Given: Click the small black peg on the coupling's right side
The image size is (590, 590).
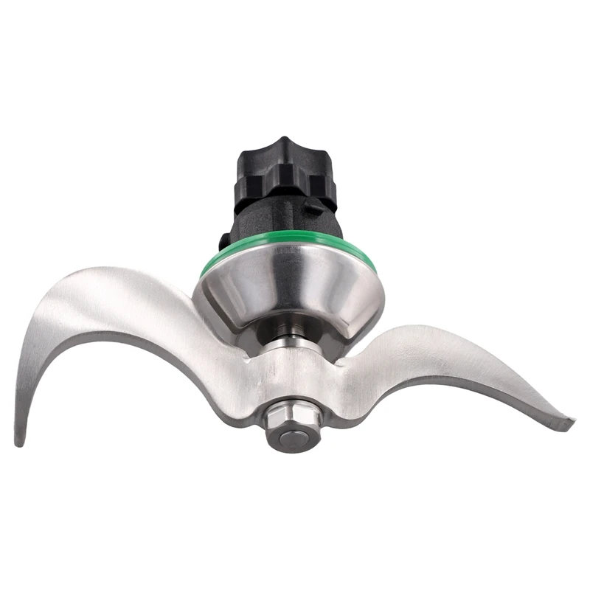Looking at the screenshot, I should (x=316, y=209).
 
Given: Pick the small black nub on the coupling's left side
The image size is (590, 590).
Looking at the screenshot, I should (x=222, y=240).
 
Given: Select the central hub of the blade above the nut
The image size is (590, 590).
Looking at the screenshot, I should (x=291, y=376).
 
